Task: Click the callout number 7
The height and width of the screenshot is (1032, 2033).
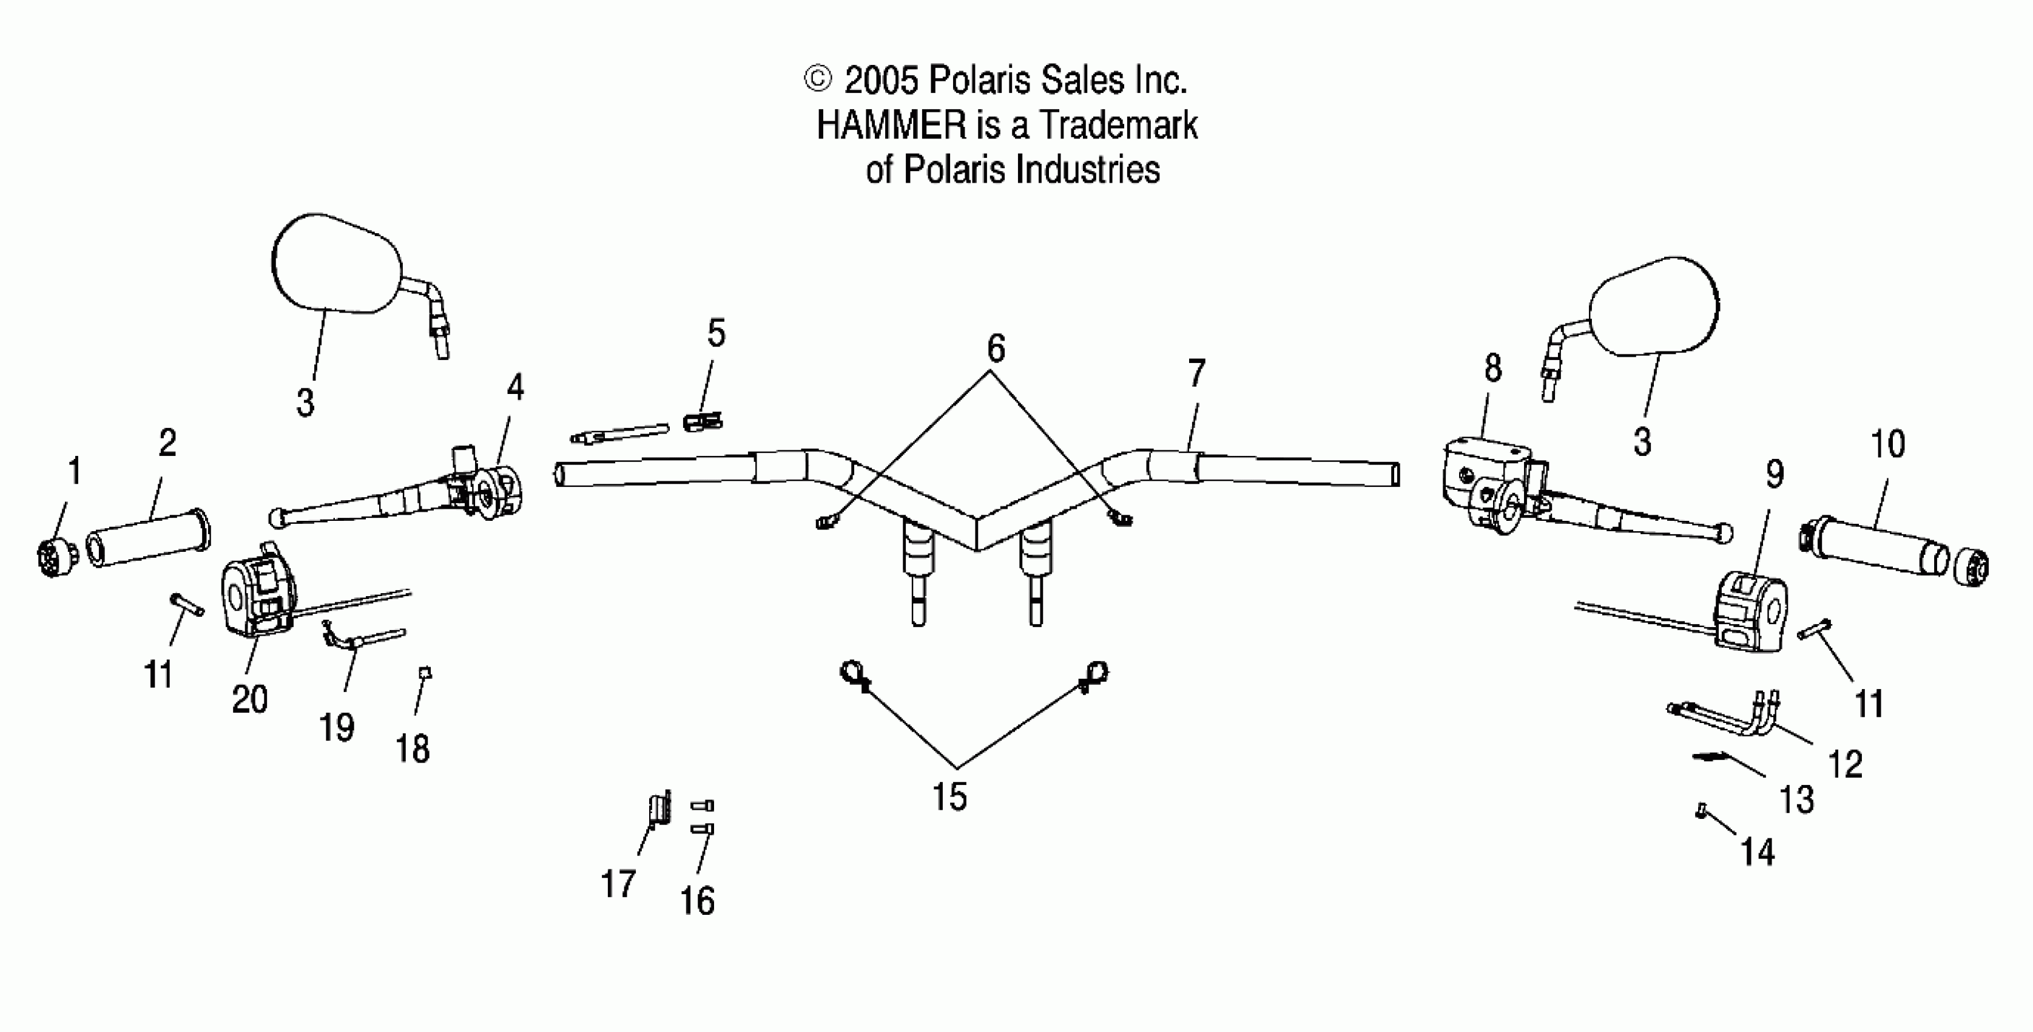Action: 1196,373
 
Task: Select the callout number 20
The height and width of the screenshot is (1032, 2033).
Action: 249,699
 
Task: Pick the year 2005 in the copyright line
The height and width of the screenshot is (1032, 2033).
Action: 882,81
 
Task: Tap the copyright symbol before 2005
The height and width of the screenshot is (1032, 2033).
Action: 818,79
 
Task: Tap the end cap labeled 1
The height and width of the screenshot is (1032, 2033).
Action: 57,559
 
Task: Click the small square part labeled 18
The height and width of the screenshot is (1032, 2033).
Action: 426,673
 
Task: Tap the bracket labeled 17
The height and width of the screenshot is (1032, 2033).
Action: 659,809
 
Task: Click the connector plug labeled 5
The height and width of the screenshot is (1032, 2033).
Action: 701,423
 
